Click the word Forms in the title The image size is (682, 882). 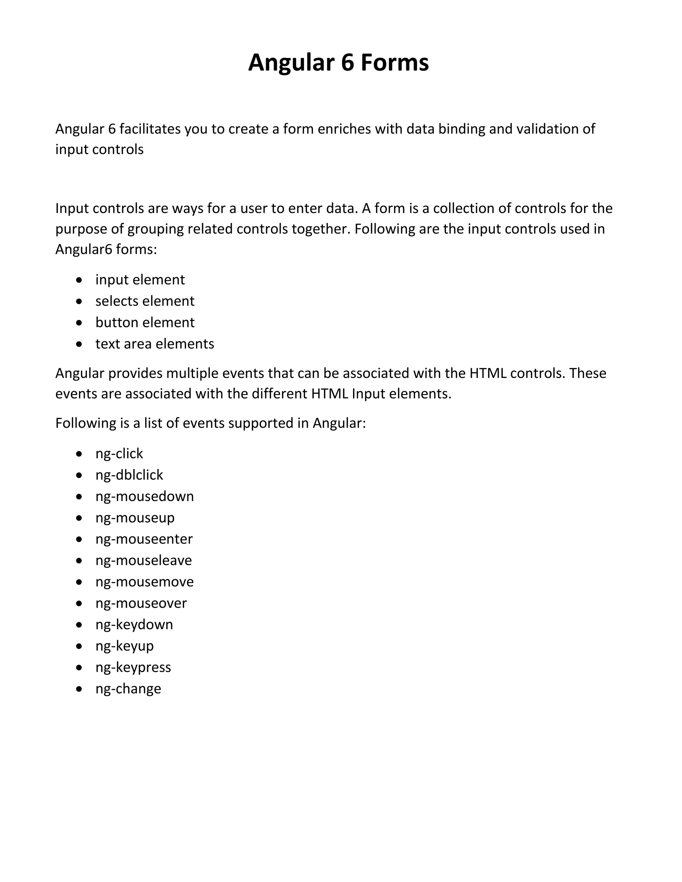(x=394, y=63)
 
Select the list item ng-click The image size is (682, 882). (x=119, y=454)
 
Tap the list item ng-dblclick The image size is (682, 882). (x=129, y=475)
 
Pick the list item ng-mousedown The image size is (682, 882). (x=145, y=496)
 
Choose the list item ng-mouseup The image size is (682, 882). (x=135, y=518)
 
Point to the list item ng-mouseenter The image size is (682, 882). (x=144, y=539)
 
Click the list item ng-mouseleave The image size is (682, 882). (x=144, y=560)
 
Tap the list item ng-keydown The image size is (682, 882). (x=134, y=625)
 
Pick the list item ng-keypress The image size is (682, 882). (x=133, y=668)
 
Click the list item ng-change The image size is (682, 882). (x=129, y=689)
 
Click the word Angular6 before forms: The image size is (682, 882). (x=84, y=250)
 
